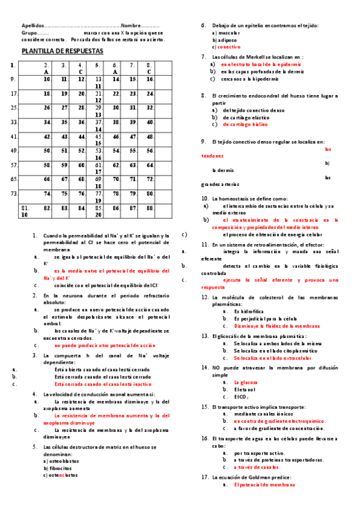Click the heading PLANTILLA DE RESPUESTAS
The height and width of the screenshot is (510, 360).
[x=62, y=52]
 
